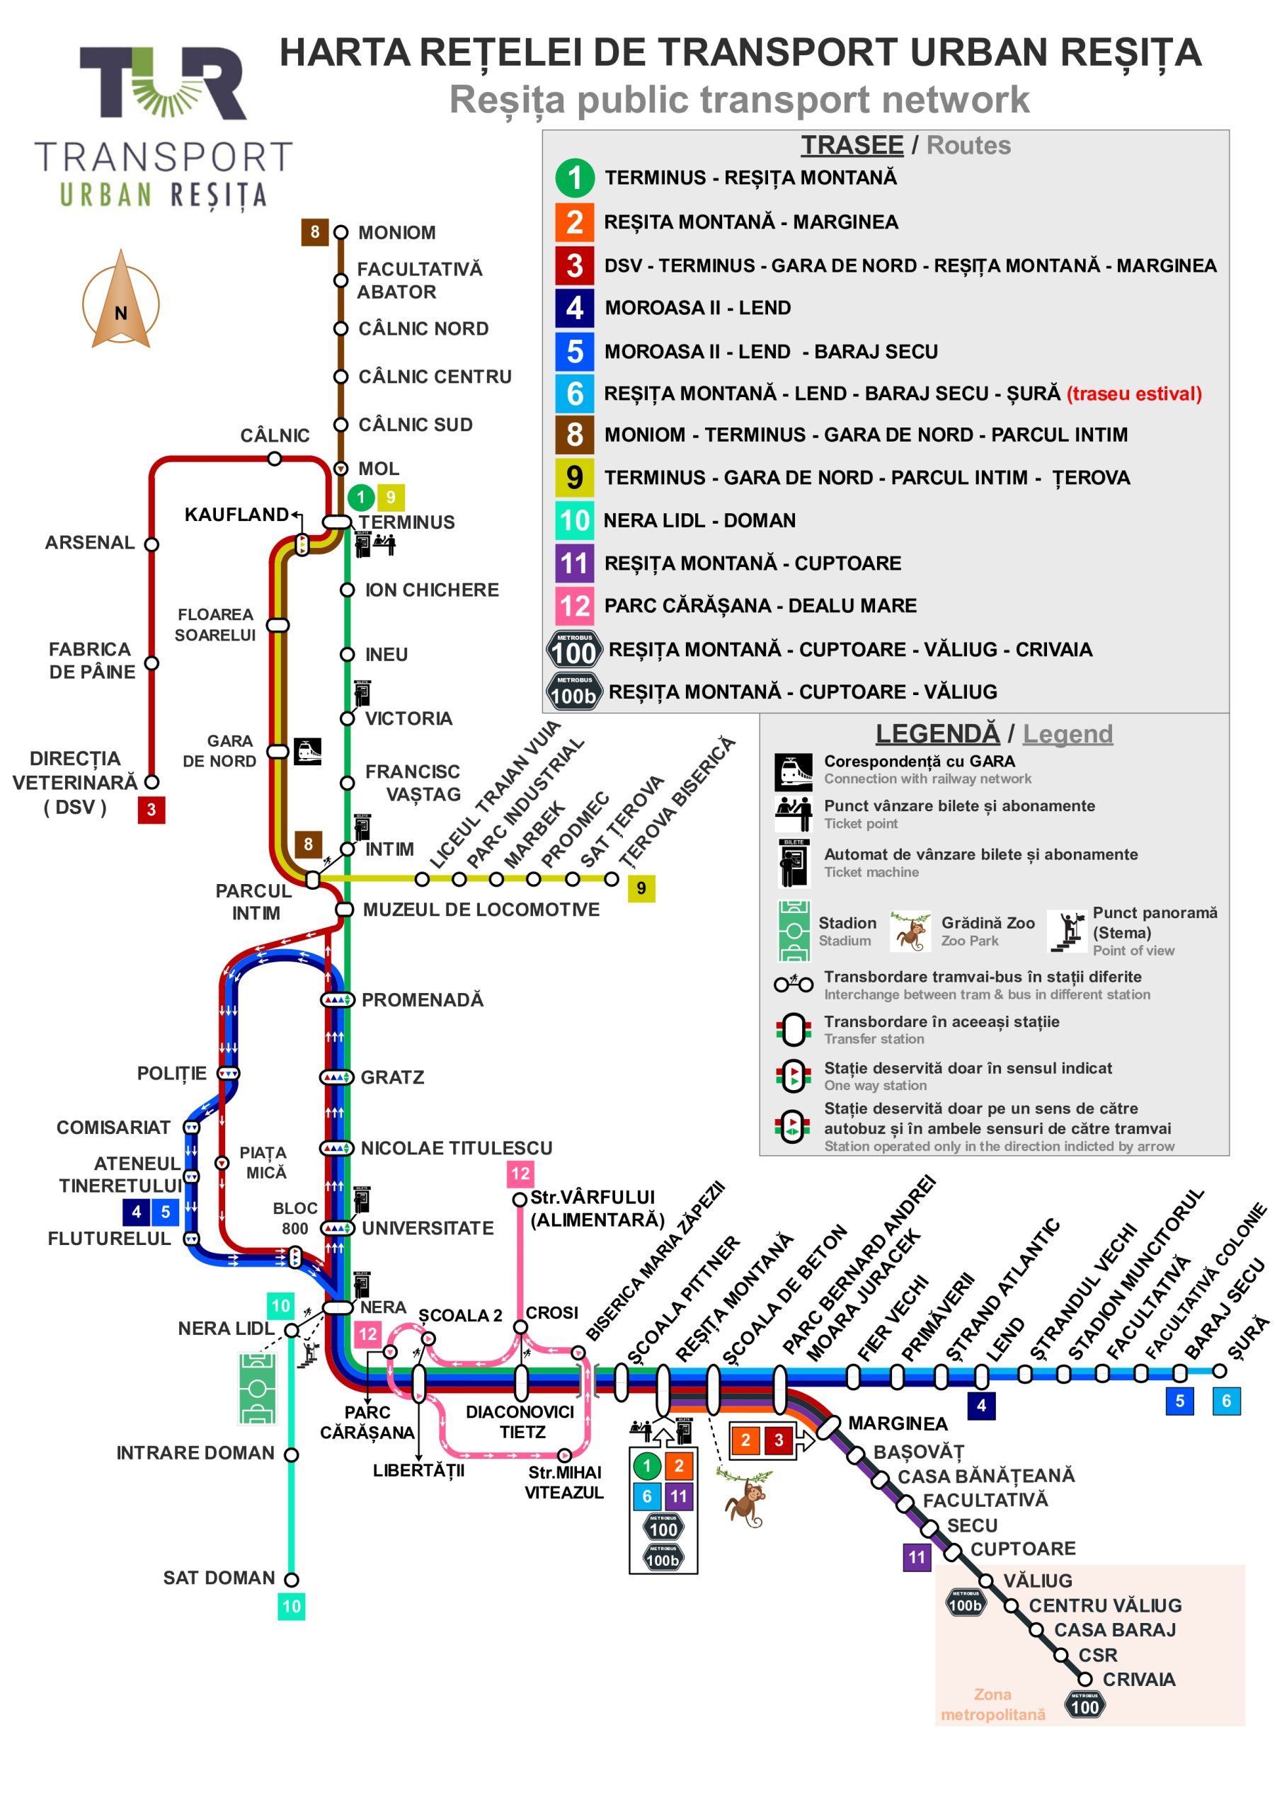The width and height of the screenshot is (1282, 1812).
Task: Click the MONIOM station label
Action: (x=396, y=233)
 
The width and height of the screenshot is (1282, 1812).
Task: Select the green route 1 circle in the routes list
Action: (x=574, y=178)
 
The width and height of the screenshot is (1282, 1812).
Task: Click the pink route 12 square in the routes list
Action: (x=574, y=605)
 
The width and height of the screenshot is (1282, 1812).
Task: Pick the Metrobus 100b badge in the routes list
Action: (x=574, y=692)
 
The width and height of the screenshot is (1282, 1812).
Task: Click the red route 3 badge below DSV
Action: (x=151, y=810)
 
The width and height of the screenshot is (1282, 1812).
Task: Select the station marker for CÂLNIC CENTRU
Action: (x=341, y=377)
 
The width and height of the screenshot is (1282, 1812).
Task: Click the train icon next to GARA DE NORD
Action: (x=308, y=751)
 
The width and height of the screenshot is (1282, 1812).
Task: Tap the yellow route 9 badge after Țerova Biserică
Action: (x=641, y=888)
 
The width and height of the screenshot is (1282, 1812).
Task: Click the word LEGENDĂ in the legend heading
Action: (x=937, y=733)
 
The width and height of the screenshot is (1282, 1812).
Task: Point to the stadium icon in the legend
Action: (x=794, y=931)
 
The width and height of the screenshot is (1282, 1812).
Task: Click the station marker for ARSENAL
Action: (x=151, y=544)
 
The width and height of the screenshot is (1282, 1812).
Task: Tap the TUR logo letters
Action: (x=164, y=83)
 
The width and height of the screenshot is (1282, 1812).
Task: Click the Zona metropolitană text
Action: (x=992, y=1704)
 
